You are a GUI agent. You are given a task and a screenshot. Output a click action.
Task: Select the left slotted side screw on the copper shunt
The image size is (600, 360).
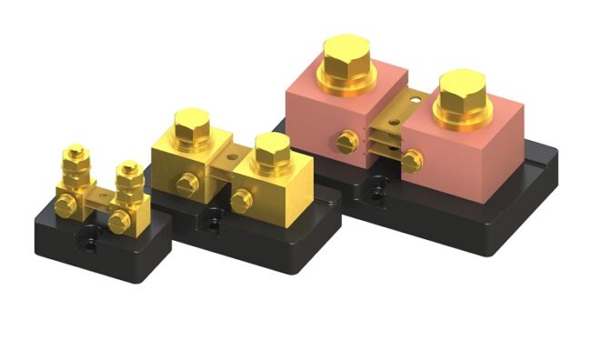point(346,142)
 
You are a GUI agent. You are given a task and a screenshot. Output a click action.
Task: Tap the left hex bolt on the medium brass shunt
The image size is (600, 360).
point(191,128)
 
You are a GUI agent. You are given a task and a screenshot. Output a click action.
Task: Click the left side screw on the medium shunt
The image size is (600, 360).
point(187,183)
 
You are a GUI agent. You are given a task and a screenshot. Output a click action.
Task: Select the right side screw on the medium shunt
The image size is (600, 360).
point(241,200)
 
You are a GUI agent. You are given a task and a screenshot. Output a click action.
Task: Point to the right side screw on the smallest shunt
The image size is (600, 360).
point(117,222)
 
